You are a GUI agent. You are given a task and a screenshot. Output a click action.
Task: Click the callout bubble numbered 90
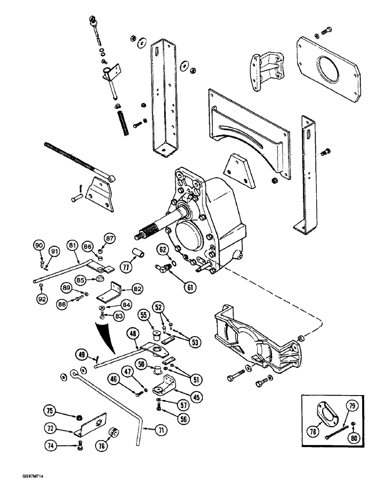tap(39, 245)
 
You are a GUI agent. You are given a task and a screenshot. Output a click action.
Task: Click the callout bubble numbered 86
tap(88, 246)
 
